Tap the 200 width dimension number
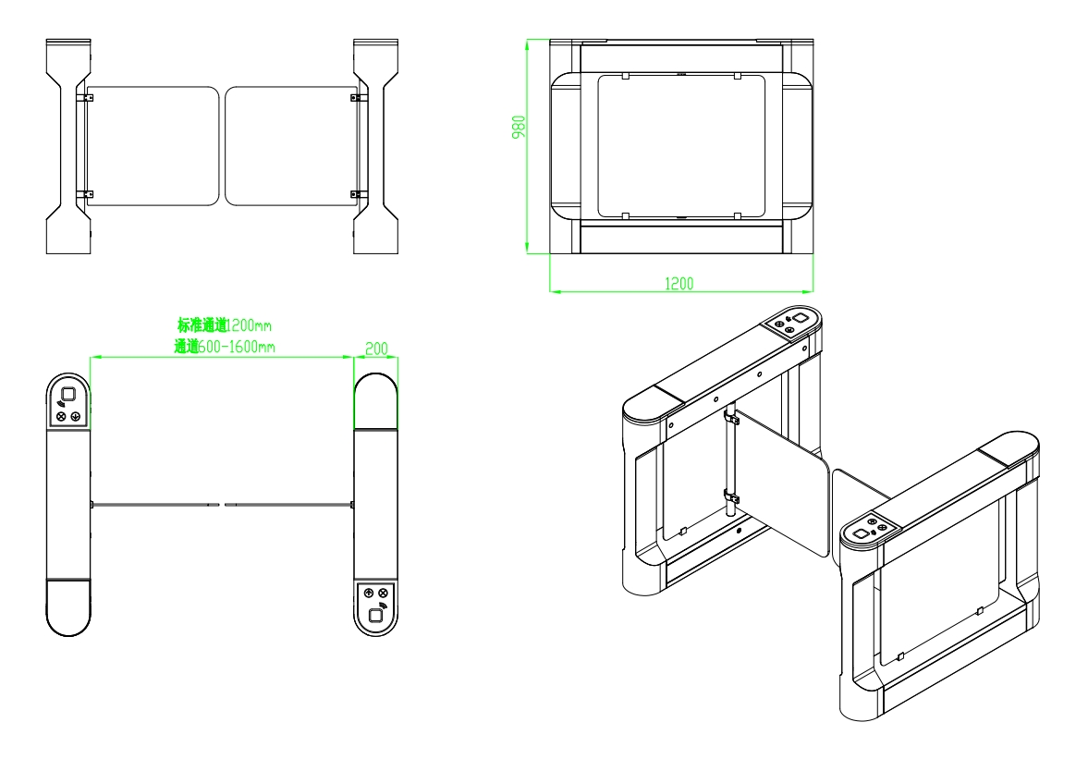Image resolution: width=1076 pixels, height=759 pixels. point(376,348)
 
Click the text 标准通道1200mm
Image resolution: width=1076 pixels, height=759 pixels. point(225,324)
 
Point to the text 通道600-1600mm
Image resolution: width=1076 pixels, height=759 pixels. point(225,347)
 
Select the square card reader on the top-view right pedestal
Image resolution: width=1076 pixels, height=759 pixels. point(376,616)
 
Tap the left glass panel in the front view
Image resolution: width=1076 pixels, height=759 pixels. point(153,145)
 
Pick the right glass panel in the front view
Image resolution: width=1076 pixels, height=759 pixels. point(288,145)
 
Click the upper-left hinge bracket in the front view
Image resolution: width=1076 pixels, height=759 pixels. point(85,97)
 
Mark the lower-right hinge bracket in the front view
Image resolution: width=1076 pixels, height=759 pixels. point(356,193)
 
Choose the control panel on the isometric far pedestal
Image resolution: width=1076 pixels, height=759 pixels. point(790,321)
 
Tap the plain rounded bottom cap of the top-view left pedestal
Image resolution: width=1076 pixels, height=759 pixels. point(69,607)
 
